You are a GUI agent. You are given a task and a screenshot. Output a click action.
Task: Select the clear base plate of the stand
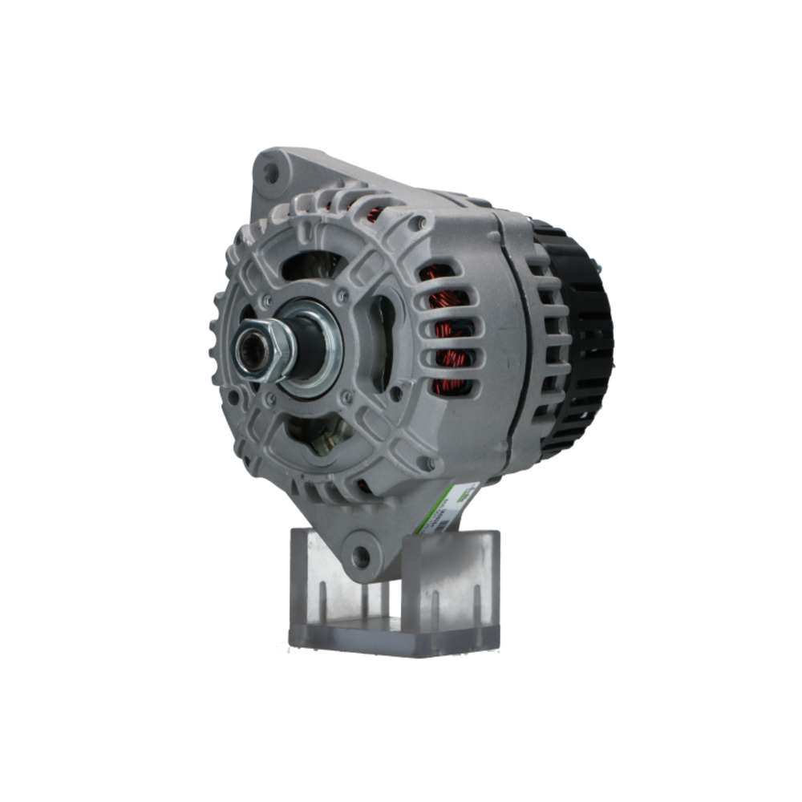coord(393,634)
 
